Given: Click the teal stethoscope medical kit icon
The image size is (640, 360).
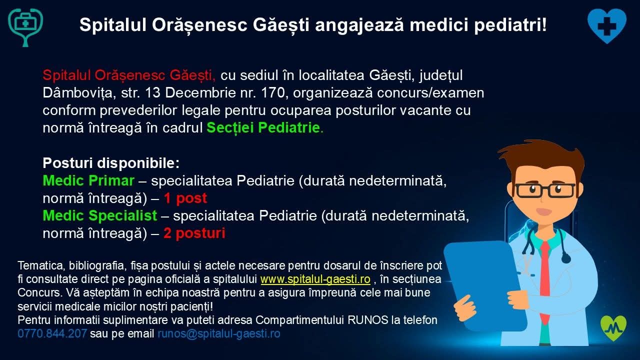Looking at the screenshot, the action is coord(25,26).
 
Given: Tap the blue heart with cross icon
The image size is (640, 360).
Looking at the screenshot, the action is coord(607,25).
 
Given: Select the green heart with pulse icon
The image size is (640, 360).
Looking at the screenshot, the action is coord(613,328).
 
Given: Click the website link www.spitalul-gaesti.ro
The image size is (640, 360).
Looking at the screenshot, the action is coord(315,279).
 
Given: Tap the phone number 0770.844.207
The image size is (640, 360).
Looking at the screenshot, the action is coord(52,333).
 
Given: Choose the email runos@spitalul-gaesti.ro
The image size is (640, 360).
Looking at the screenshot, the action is coord(219,333).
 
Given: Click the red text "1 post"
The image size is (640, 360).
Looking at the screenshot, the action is coord(185,198).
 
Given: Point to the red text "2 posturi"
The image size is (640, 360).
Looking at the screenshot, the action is coord(194,233).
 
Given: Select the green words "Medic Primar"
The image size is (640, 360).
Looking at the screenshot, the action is coord(88,180).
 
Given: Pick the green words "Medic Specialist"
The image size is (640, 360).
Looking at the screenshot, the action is coord(100,215).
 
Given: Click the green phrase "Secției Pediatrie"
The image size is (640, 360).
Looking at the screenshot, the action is coord(263,127).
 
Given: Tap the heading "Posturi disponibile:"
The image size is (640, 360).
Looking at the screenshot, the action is coord(111,163).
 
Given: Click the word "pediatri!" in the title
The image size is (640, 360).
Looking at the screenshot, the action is coord(510,25).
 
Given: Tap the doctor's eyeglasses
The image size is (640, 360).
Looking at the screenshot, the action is coord(545,190).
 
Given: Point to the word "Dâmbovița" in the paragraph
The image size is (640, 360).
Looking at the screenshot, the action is coord(77,93).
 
